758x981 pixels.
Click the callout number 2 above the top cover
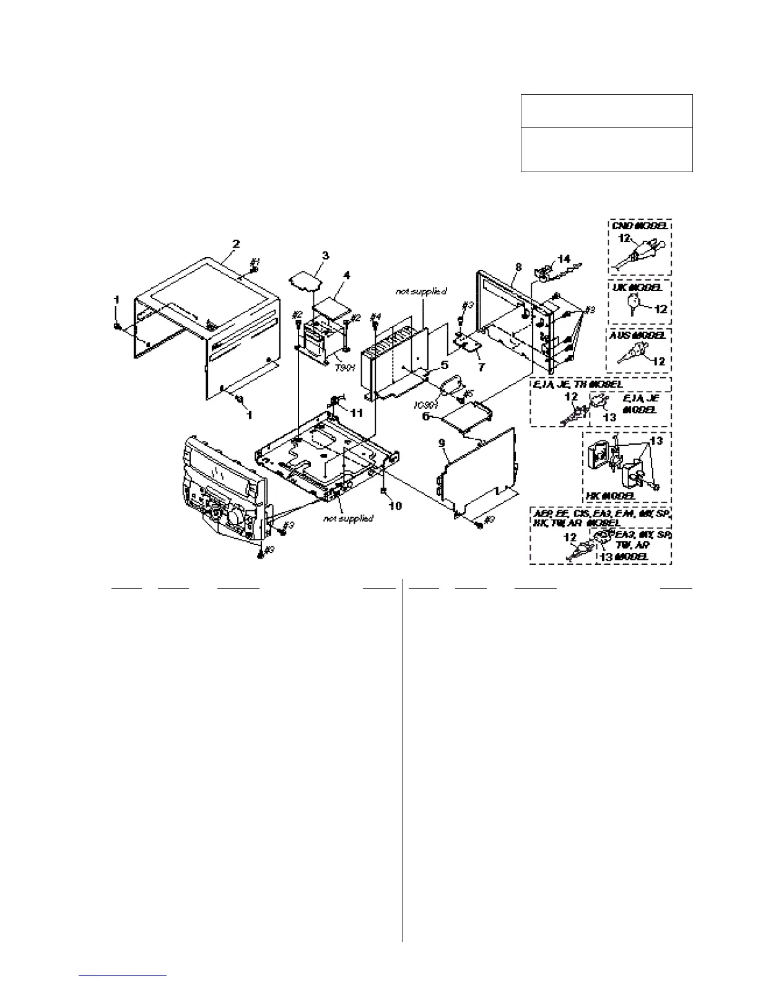[236, 244]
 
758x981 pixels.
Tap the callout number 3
[325, 255]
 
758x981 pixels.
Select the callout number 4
[347, 276]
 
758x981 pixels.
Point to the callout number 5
[444, 365]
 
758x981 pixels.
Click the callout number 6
[425, 417]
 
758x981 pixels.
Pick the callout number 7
[481, 366]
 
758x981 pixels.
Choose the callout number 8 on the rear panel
[518, 269]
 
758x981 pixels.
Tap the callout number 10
[394, 506]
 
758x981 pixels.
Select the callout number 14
[564, 258]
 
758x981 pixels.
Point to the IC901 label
[425, 405]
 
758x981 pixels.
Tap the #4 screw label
[374, 317]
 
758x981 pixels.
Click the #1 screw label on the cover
[255, 263]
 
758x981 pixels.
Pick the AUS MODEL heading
[638, 334]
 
